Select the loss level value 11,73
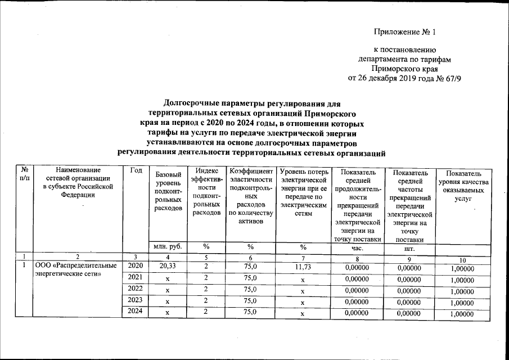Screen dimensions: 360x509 [x=303, y=267]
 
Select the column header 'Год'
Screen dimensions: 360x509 [x=135, y=170]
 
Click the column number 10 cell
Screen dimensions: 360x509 [x=462, y=259]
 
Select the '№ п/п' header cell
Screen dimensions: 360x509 [x=25, y=173]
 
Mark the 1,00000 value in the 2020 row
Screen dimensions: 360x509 [x=462, y=268]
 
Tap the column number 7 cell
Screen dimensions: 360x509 [x=303, y=257]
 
